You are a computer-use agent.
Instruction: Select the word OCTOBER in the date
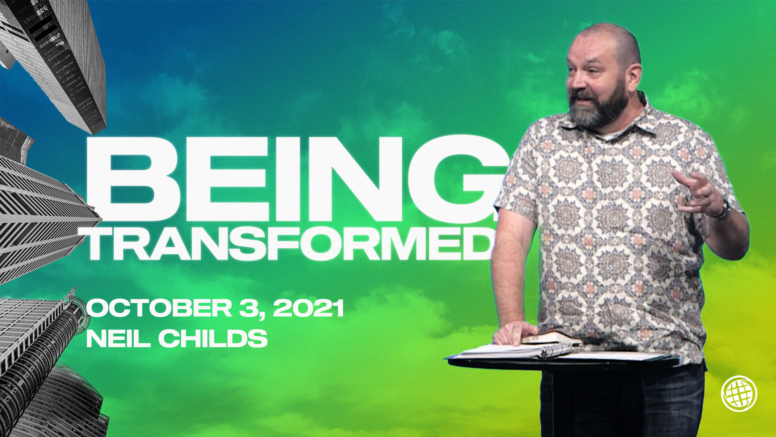coord(159,308)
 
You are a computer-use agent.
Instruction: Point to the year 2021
coord(308,308)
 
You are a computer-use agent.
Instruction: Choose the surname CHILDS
coord(213,338)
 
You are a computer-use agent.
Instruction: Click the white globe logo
coord(739,393)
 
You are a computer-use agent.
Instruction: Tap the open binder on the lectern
coord(517,350)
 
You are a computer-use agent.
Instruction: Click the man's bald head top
coord(606,36)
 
